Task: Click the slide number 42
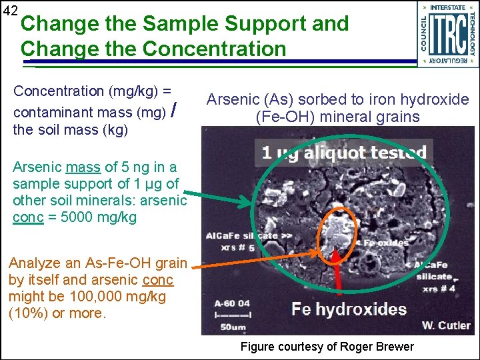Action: point(9,11)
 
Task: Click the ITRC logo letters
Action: point(449,33)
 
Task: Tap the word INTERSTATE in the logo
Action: point(448,7)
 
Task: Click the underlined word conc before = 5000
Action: point(27,217)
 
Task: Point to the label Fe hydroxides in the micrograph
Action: point(349,309)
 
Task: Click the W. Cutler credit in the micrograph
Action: point(446,326)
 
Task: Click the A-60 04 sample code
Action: point(230,302)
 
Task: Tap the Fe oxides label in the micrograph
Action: point(385,243)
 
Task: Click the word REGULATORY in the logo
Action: point(448,61)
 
